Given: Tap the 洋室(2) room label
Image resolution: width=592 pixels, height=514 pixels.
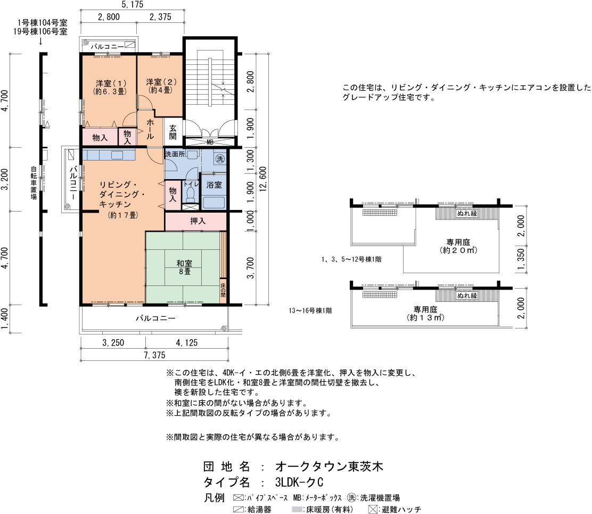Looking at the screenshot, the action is tap(161, 86).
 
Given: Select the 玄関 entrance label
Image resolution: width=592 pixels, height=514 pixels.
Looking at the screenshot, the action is tap(173, 132).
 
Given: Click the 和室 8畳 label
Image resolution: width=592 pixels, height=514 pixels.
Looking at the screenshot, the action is tap(184, 267).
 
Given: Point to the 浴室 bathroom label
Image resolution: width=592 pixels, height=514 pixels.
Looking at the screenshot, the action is tap(214, 185).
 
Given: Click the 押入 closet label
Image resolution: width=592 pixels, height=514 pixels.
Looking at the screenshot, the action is tap(198, 221).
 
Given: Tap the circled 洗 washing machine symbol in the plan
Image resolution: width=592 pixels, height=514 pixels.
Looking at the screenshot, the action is tap(220, 158).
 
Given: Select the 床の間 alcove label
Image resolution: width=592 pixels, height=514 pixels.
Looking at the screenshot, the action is tap(223, 290).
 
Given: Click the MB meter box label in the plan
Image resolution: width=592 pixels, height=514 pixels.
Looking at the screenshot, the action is tap(210, 142).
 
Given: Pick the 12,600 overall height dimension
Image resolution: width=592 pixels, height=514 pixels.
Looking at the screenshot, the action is tap(263, 179).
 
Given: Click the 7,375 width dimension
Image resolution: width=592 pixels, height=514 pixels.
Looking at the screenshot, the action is tap(154, 355).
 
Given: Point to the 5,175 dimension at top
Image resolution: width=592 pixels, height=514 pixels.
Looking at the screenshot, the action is tap(133, 5).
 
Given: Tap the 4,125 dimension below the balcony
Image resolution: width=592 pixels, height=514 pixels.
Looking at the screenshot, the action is tap(186, 342).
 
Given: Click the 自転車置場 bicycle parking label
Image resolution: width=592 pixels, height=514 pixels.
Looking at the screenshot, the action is tap(34, 183).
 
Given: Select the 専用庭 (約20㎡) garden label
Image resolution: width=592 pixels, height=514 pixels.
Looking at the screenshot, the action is tap(458, 246).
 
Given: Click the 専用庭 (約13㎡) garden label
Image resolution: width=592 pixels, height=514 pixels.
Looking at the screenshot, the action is tap(425, 314).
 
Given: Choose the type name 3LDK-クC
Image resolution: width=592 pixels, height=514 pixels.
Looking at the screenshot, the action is tap(299, 482).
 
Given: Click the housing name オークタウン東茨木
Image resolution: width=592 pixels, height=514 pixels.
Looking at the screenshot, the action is tap(329, 467).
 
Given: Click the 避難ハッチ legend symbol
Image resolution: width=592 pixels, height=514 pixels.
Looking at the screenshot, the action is tap(373, 509).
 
